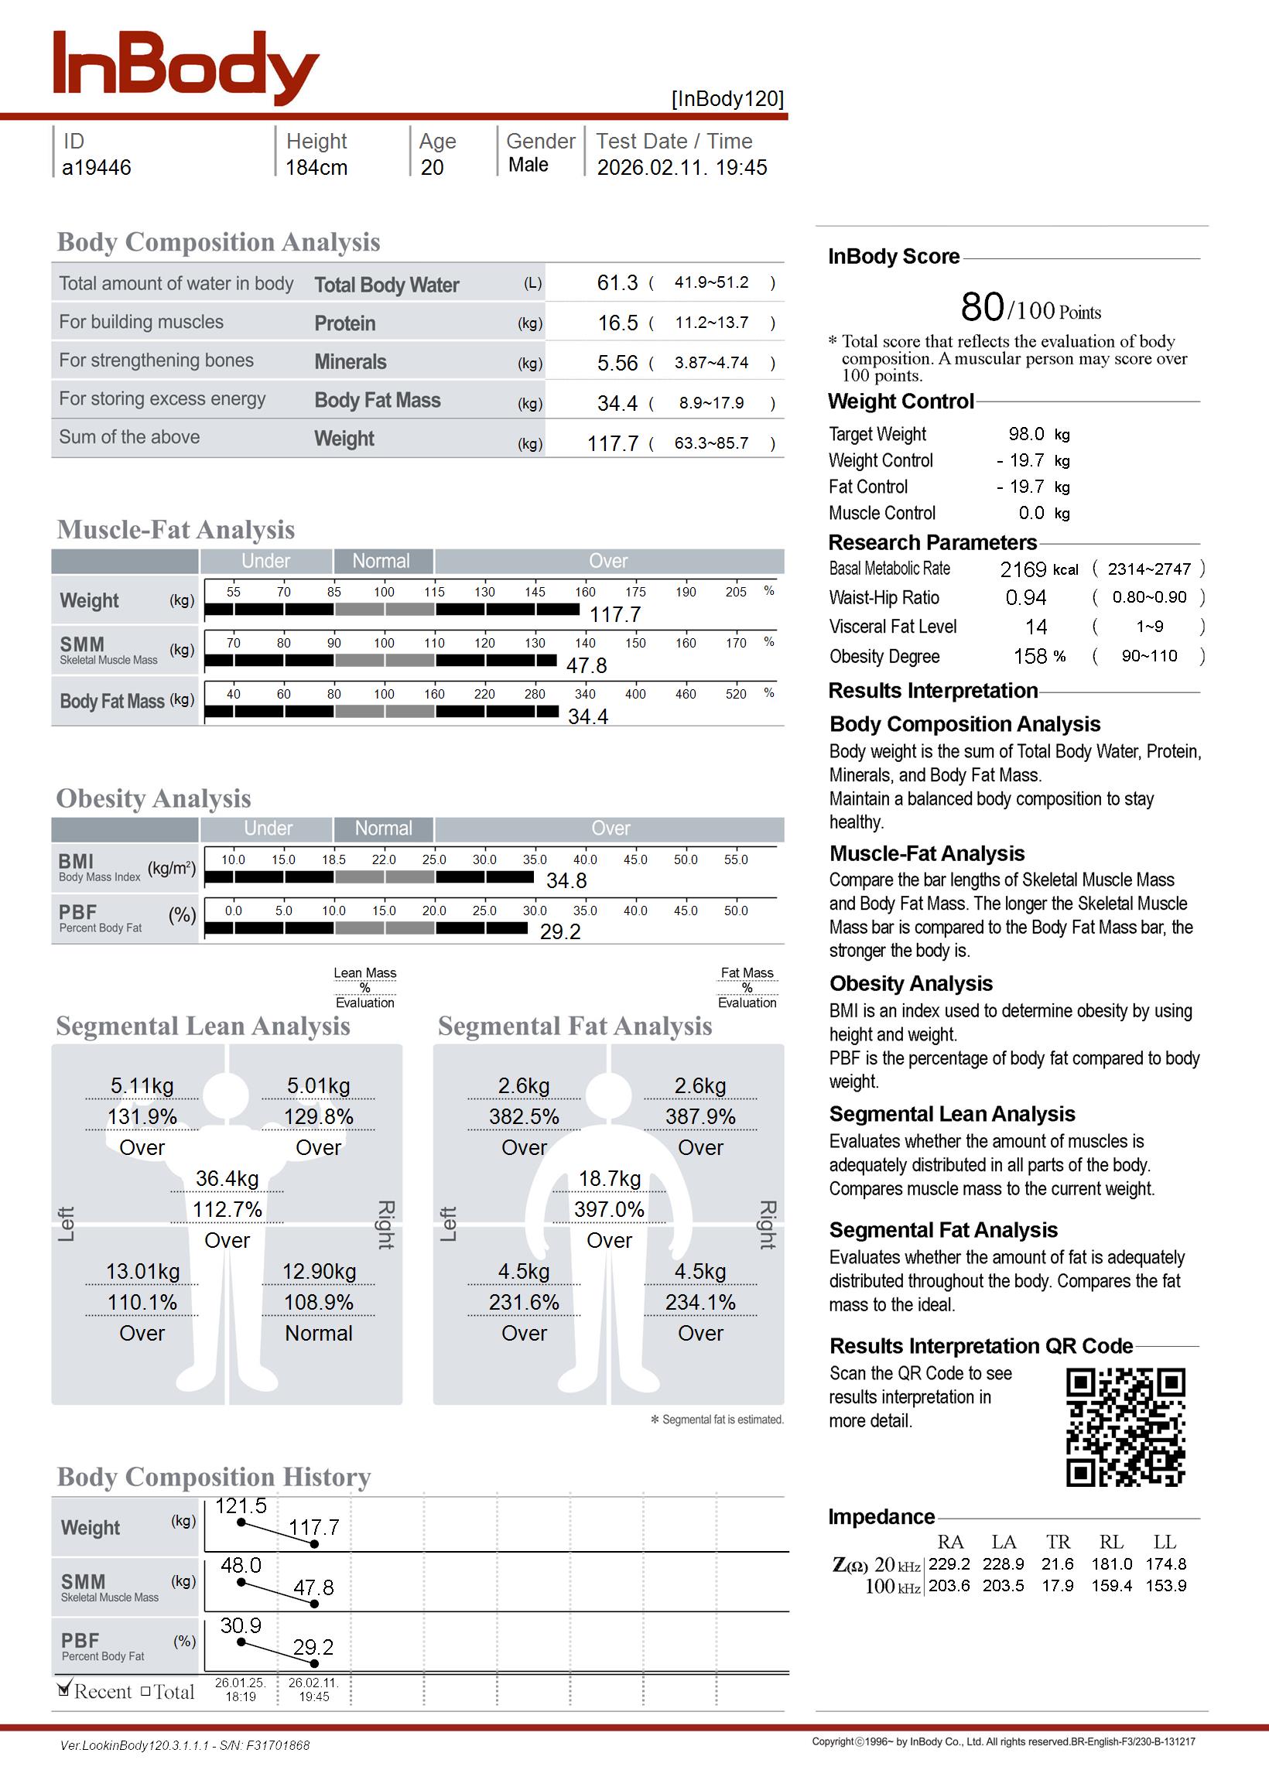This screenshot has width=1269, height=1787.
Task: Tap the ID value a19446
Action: pos(96,168)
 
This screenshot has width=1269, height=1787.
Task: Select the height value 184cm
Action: pos(316,168)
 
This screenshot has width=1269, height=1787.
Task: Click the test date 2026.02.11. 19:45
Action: pos(682,168)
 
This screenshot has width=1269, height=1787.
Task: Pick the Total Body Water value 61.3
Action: pos(617,282)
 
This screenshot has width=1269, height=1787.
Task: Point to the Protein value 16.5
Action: pos(617,323)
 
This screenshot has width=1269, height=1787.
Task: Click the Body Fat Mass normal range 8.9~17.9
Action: pos(711,403)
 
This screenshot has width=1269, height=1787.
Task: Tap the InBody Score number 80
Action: pos(982,307)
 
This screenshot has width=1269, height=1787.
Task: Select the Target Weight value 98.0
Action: pos(1026,434)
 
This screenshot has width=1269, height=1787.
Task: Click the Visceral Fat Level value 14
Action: pos(1036,627)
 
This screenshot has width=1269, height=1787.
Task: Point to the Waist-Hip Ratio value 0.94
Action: pos(1025,598)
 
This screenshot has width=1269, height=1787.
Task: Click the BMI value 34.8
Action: pos(566,881)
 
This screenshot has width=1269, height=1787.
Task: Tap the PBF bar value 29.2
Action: pos(560,931)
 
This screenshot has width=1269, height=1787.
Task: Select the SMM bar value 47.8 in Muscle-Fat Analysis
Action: pos(586,665)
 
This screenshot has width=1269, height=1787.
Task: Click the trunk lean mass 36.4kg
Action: pos(227,1179)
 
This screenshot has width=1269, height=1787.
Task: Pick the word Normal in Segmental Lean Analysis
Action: pos(318,1333)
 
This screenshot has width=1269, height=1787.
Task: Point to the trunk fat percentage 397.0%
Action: pos(609,1210)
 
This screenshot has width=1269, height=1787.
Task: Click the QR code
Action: pos(1125,1427)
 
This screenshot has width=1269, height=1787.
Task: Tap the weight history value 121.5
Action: pos(241,1506)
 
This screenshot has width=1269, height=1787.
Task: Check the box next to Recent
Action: pos(64,1690)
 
